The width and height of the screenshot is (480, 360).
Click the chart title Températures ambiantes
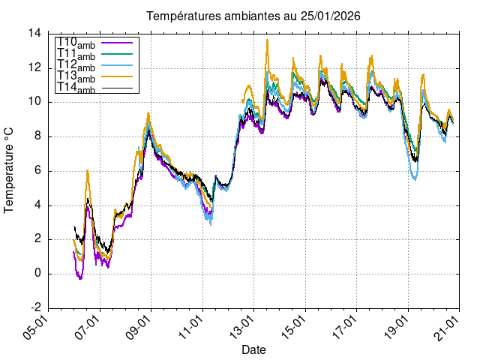click(x=258, y=16)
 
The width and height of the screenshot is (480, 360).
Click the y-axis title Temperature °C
click(x=10, y=169)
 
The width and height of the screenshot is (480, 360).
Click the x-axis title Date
click(x=253, y=349)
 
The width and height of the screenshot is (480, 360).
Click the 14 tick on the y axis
click(x=35, y=33)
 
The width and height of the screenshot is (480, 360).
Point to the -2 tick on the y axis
click(x=35, y=307)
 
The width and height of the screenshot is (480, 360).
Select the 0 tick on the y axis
click(x=38, y=274)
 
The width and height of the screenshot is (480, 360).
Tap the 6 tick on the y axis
click(x=38, y=171)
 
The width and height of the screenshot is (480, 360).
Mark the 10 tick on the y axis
click(x=35, y=102)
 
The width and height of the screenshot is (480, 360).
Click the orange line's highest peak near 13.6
click(x=267, y=40)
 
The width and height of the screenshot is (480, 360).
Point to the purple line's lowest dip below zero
click(x=80, y=279)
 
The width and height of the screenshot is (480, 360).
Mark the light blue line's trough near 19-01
click(x=415, y=178)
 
